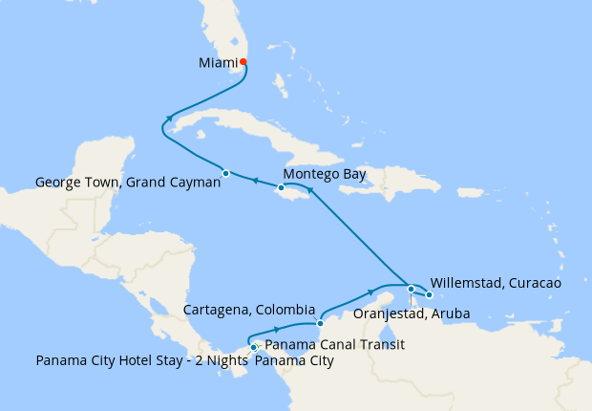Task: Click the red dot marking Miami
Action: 243,62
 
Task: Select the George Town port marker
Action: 226,173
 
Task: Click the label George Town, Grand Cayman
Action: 128,182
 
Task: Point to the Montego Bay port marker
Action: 281,187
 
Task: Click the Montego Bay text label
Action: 325,174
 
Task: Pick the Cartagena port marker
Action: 320,324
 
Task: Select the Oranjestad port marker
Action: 411,289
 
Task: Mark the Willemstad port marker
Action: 430,294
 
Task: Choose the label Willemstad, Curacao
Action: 496,283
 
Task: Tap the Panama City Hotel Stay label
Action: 142,361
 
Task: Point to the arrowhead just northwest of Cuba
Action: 169,119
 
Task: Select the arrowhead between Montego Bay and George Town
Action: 254,179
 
